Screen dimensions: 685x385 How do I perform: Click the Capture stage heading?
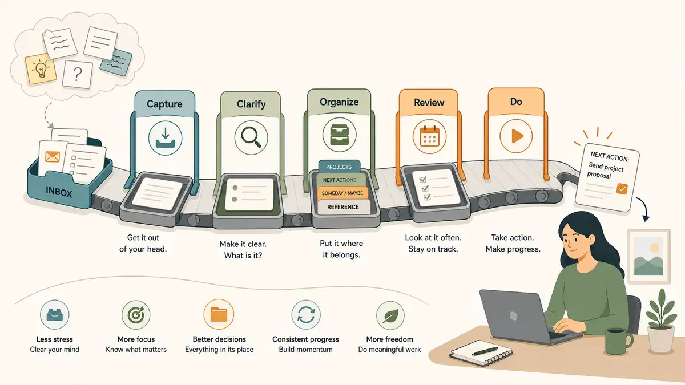[164, 104]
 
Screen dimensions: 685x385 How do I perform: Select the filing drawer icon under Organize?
[339, 135]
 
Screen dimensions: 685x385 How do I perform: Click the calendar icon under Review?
[429, 136]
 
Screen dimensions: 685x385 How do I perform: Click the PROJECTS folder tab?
[339, 167]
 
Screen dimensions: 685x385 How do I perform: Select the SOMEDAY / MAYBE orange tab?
[342, 193]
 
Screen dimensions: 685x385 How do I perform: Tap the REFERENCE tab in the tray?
[343, 207]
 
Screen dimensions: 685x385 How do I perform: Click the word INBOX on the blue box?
[59, 193]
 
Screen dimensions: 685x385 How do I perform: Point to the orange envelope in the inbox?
[53, 156]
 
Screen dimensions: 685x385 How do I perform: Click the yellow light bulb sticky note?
[41, 69]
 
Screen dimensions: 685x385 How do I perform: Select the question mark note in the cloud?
[78, 74]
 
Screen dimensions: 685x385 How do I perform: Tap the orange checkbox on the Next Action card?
[622, 189]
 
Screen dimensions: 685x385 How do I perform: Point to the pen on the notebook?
[485, 351]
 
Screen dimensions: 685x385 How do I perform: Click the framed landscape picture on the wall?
[648, 256]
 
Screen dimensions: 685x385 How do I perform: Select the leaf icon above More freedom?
[390, 315]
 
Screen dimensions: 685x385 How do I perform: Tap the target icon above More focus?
[136, 315]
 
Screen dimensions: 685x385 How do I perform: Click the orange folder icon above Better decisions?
[219, 314]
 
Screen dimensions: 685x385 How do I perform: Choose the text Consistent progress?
[305, 339]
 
